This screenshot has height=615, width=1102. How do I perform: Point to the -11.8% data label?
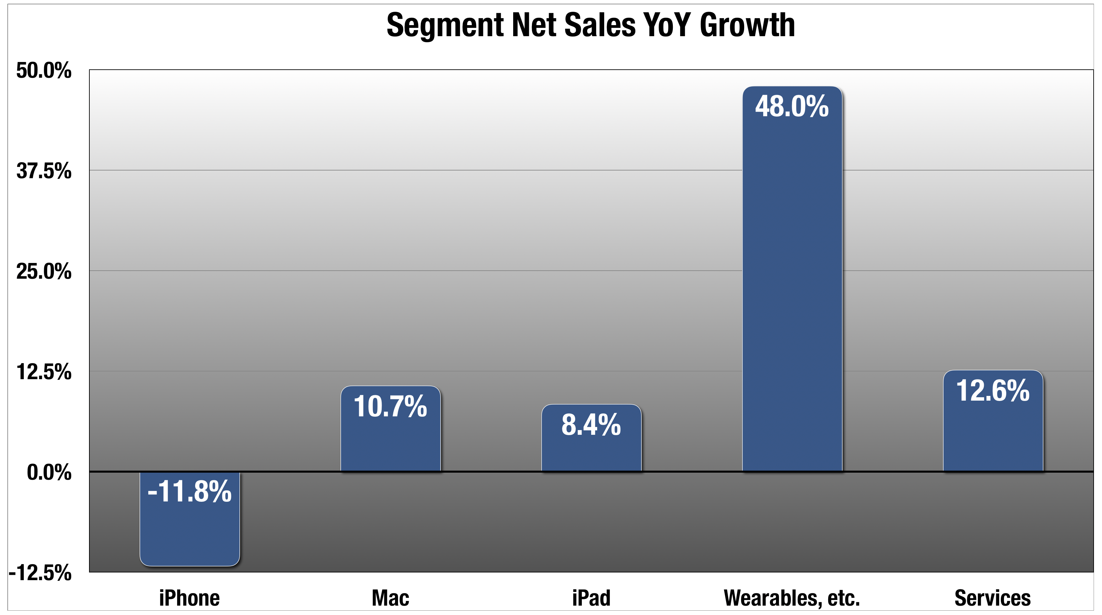[x=189, y=491]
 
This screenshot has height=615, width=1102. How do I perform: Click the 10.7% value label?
[x=390, y=406]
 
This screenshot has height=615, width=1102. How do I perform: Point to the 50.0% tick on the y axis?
[x=44, y=70]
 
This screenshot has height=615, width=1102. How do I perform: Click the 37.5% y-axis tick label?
[x=44, y=171]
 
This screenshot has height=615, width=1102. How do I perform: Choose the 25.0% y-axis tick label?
[x=44, y=271]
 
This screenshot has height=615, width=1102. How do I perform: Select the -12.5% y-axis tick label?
[x=40, y=573]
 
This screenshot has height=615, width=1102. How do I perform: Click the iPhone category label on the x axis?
[x=189, y=598]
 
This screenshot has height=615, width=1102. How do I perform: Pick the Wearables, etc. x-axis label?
[x=792, y=598]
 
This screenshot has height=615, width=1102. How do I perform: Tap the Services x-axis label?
[x=993, y=598]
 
